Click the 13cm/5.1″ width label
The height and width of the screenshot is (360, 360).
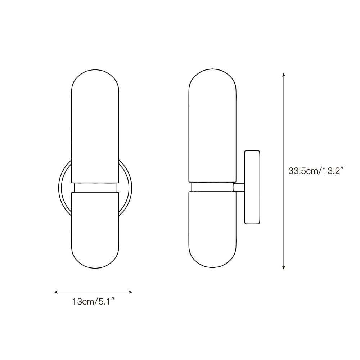93,301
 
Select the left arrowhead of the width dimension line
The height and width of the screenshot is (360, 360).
55,292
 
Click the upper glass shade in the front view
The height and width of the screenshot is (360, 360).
95,126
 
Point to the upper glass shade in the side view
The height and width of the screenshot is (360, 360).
212,125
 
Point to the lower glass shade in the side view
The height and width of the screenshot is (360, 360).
212,230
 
